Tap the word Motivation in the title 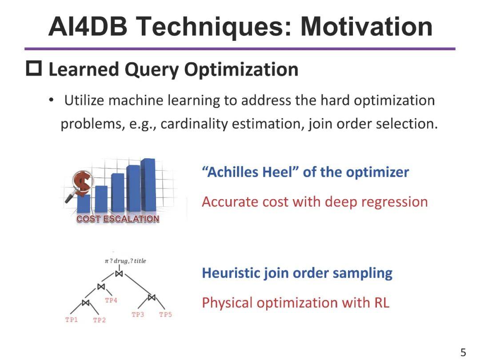(367, 26)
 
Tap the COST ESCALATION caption (118, 219)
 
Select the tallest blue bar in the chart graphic (149, 184)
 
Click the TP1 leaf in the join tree (72, 320)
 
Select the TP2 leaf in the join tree (99, 320)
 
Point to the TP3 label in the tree (138, 315)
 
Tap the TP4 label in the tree (111, 300)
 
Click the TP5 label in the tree (165, 315)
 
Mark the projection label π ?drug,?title (125, 261)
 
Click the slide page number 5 (463, 352)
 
